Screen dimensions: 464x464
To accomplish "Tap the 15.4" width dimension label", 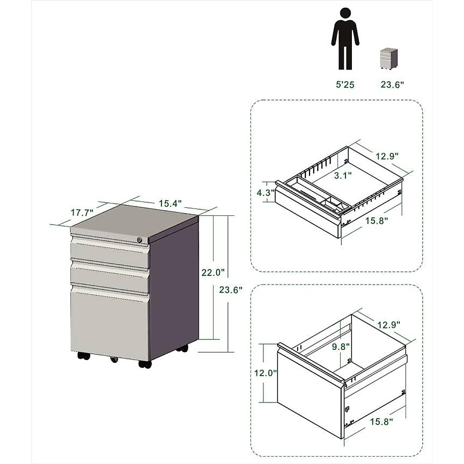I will coord(170,203).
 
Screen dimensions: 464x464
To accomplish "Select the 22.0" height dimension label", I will coord(213,272).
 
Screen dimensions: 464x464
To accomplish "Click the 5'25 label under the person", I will coord(345,85).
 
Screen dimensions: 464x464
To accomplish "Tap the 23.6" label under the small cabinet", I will coord(392,85).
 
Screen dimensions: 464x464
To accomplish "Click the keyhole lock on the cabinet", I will coord(140,240).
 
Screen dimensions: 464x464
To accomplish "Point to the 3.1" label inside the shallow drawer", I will coord(343,175).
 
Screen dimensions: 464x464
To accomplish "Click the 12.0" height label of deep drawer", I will coord(266,373).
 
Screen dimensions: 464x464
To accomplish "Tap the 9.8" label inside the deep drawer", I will coord(341,346).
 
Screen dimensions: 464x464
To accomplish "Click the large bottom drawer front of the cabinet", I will coord(109,323).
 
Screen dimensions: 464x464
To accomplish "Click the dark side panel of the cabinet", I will coord(174,290).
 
